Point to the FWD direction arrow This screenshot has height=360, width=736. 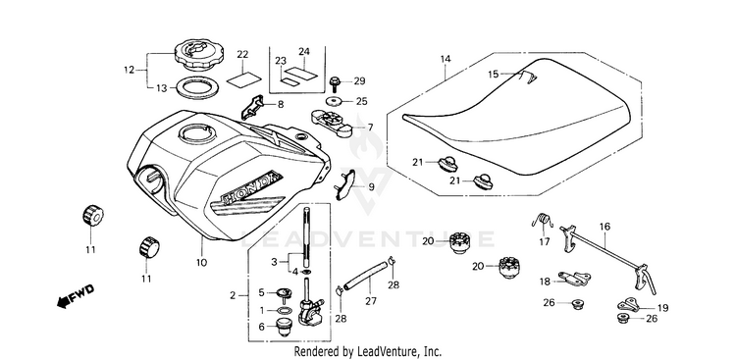click(76, 295)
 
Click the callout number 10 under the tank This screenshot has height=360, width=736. click(201, 263)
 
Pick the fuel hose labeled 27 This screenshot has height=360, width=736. click(366, 277)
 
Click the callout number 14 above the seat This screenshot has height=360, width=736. click(446, 59)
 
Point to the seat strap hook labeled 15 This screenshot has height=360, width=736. click(528, 77)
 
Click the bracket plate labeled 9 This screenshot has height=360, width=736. click(346, 185)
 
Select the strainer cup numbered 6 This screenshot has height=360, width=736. click(283, 327)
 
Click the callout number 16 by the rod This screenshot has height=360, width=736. click(605, 227)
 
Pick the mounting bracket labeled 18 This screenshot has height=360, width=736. click(574, 279)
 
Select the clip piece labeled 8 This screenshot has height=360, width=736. click(253, 107)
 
